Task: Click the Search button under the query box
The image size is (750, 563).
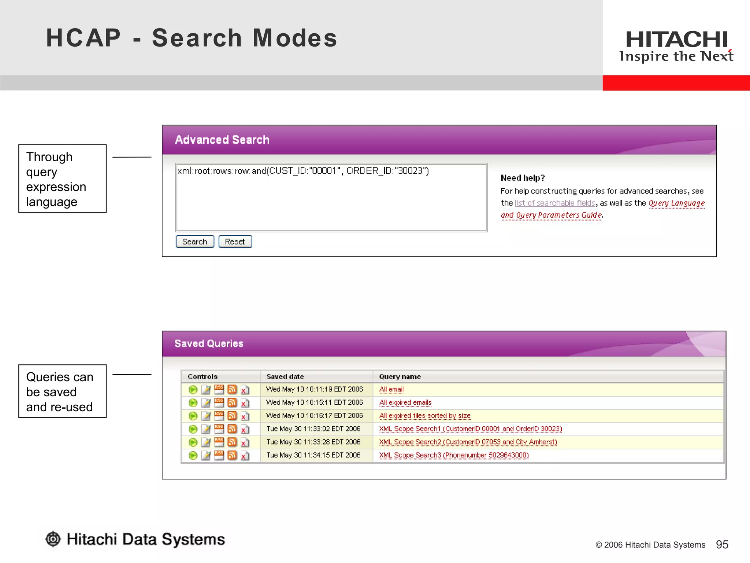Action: (x=194, y=242)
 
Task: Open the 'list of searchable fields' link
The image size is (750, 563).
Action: (x=555, y=203)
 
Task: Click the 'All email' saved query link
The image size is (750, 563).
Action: (x=391, y=389)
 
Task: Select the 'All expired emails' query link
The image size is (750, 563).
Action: (x=405, y=402)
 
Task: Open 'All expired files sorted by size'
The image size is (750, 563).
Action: (x=424, y=416)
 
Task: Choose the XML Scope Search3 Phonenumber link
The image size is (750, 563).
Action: (x=454, y=455)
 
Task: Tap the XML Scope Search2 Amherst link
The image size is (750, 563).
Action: (x=468, y=442)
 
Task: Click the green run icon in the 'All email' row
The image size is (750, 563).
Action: (x=193, y=390)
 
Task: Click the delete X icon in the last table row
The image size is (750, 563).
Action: (x=245, y=456)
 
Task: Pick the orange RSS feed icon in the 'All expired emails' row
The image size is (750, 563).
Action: (x=232, y=403)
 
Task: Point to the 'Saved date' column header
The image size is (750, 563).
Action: (x=285, y=376)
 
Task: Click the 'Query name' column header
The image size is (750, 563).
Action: (x=400, y=376)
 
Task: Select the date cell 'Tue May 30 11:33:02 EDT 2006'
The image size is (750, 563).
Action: (x=313, y=429)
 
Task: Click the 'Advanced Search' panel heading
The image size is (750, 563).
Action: (x=222, y=140)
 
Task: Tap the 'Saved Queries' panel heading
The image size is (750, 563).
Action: (x=209, y=343)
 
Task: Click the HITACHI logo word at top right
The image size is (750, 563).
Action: (x=676, y=40)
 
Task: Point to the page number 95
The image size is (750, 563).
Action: (x=722, y=544)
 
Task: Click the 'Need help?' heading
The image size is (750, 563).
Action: (x=523, y=178)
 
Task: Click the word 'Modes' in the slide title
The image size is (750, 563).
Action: (x=295, y=38)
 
